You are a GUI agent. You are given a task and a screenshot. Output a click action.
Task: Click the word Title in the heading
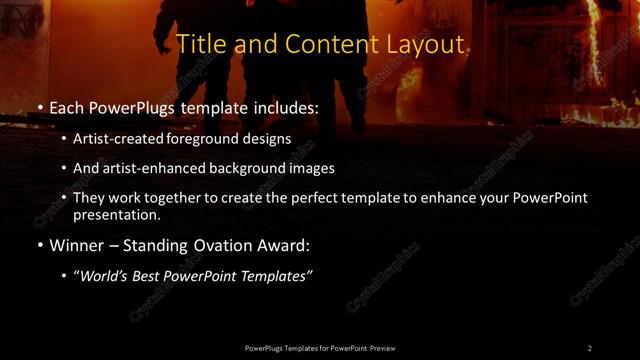199,44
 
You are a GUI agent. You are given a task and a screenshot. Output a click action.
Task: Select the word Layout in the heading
429,44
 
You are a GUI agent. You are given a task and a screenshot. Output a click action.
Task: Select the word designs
269,138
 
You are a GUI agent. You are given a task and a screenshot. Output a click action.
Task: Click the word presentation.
114,214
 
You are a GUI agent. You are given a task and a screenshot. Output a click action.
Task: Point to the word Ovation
221,245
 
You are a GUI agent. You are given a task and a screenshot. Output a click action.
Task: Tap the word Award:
284,245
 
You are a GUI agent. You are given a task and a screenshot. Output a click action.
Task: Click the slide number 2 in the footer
590,347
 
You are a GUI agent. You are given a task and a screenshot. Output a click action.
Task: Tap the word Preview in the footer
381,347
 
